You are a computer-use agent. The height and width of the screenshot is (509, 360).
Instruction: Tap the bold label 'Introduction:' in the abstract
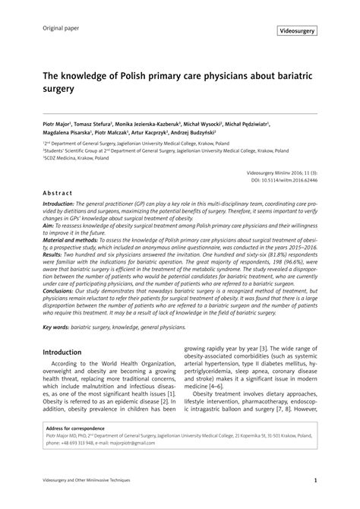click(64, 205)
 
